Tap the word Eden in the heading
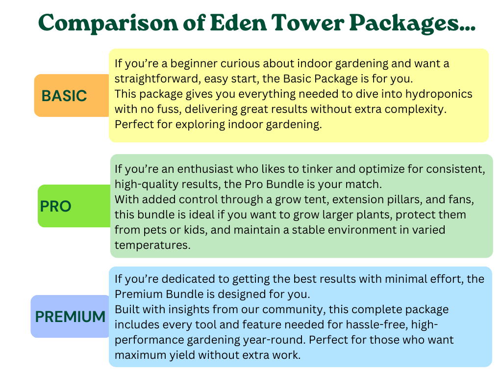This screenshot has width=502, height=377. click(x=238, y=23)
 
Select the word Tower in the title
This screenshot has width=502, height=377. click(x=308, y=23)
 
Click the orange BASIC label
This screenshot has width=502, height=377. click(x=72, y=96)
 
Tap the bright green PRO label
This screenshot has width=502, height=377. click(x=75, y=206)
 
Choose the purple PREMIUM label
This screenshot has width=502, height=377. click(x=70, y=317)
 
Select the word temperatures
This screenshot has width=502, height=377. click(x=152, y=245)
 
